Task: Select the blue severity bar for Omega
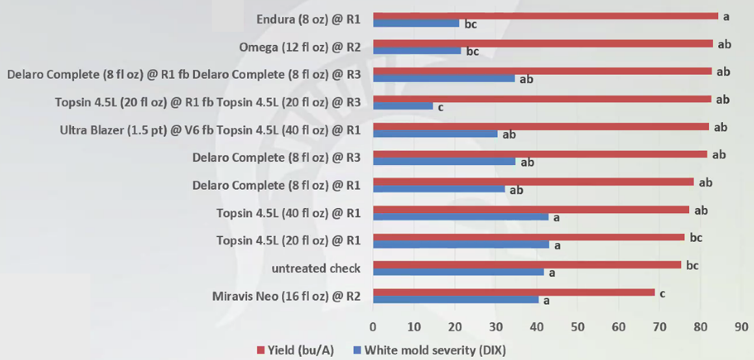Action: pos(417,50)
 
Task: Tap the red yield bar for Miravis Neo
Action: pos(513,292)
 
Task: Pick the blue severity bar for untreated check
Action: pos(458,272)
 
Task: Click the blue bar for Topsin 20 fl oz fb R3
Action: pos(402,105)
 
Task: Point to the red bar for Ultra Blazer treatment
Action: pos(541,127)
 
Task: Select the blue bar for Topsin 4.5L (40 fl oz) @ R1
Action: pos(460,217)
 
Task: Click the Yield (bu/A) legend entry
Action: pos(296,350)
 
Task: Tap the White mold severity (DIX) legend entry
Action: pos(428,350)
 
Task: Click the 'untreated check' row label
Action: pos(317,268)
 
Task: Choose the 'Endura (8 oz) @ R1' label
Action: pos(309,19)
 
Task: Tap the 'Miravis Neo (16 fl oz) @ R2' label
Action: pos(287,296)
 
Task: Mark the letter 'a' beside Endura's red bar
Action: pos(726,16)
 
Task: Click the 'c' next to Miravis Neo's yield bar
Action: pos(662,294)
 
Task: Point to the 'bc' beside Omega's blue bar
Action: pos(473,51)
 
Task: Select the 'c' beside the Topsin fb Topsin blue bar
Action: pos(441,107)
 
